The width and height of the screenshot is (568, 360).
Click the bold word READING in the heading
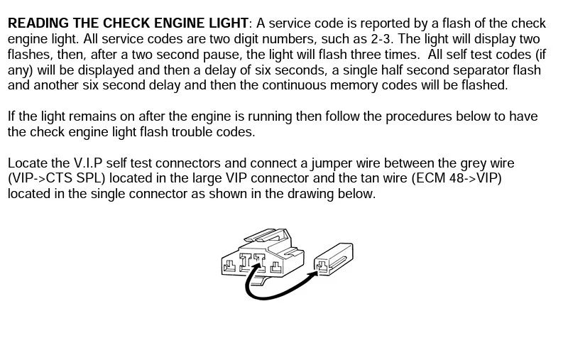39,23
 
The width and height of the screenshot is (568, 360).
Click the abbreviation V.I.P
88,163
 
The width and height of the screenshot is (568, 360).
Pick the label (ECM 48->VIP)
457,178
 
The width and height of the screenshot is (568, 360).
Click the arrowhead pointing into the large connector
257,266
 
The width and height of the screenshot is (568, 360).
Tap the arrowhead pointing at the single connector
314,272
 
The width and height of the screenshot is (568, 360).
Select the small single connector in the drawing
333,259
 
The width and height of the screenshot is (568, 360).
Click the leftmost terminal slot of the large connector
229,266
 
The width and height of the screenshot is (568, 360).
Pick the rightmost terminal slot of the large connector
276,268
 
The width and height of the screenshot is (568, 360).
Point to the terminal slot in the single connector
322,266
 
